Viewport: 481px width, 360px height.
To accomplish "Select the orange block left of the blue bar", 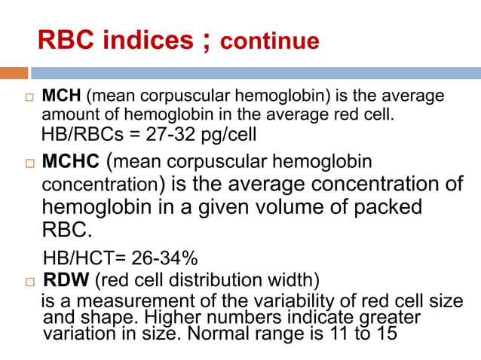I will [x=14, y=73].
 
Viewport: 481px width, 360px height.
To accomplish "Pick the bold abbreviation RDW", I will [x=66, y=280].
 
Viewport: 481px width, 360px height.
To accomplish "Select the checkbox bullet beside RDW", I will [x=29, y=282].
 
